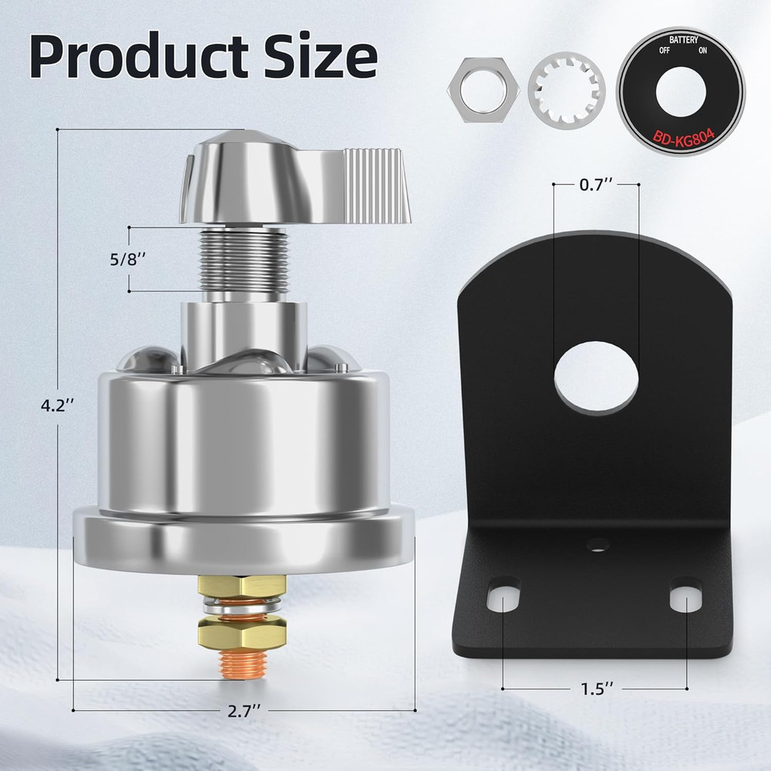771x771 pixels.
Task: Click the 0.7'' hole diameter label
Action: pos(595,185)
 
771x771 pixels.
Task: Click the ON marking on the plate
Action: pos(702,51)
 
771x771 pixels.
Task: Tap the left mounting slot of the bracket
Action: pos(502,595)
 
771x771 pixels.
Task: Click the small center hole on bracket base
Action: pos(595,546)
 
